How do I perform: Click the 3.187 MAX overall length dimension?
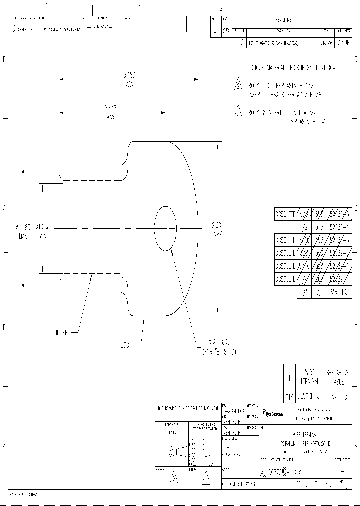[x=129, y=79]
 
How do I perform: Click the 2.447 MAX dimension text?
[x=110, y=112]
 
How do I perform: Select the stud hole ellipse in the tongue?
[x=165, y=228]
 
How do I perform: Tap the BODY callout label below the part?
[x=126, y=345]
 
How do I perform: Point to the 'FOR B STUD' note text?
[x=218, y=352]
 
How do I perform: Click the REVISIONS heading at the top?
[x=283, y=20]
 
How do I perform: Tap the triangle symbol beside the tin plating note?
[x=238, y=112]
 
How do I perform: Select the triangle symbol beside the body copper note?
[x=238, y=85]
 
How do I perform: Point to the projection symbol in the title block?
[x=180, y=452]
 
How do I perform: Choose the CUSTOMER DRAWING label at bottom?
[x=239, y=484]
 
